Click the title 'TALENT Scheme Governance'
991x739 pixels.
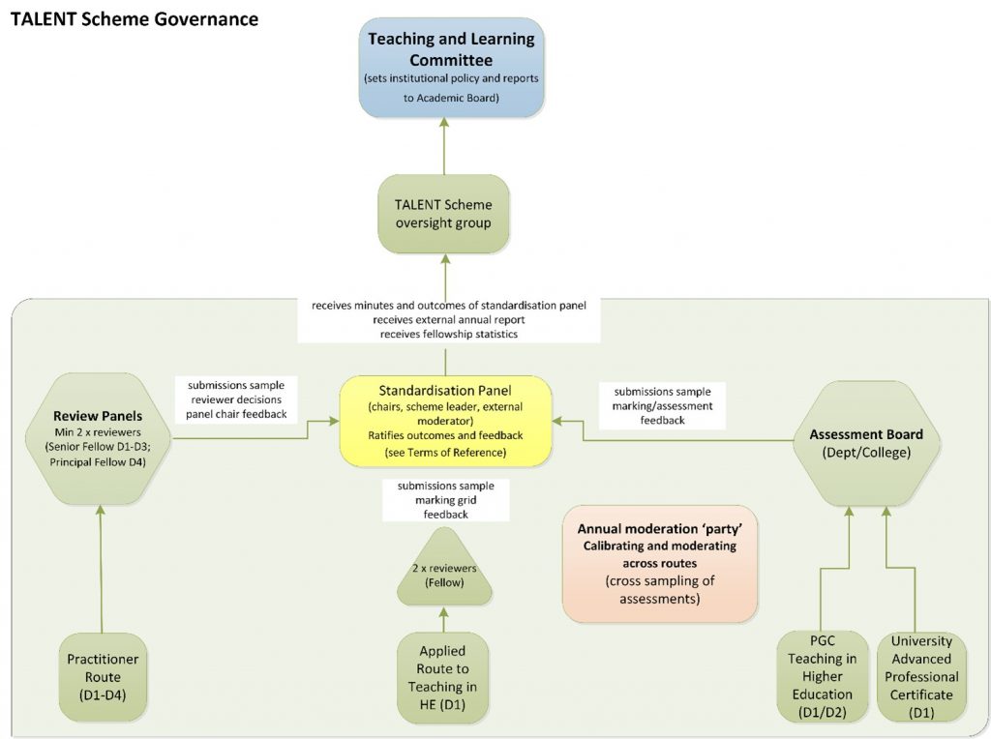coord(134,18)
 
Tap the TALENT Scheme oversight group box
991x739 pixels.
coord(444,214)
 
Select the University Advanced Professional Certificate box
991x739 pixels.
coord(921,676)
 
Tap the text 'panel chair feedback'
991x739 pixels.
coord(235,415)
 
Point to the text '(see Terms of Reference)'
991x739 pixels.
coord(444,452)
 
